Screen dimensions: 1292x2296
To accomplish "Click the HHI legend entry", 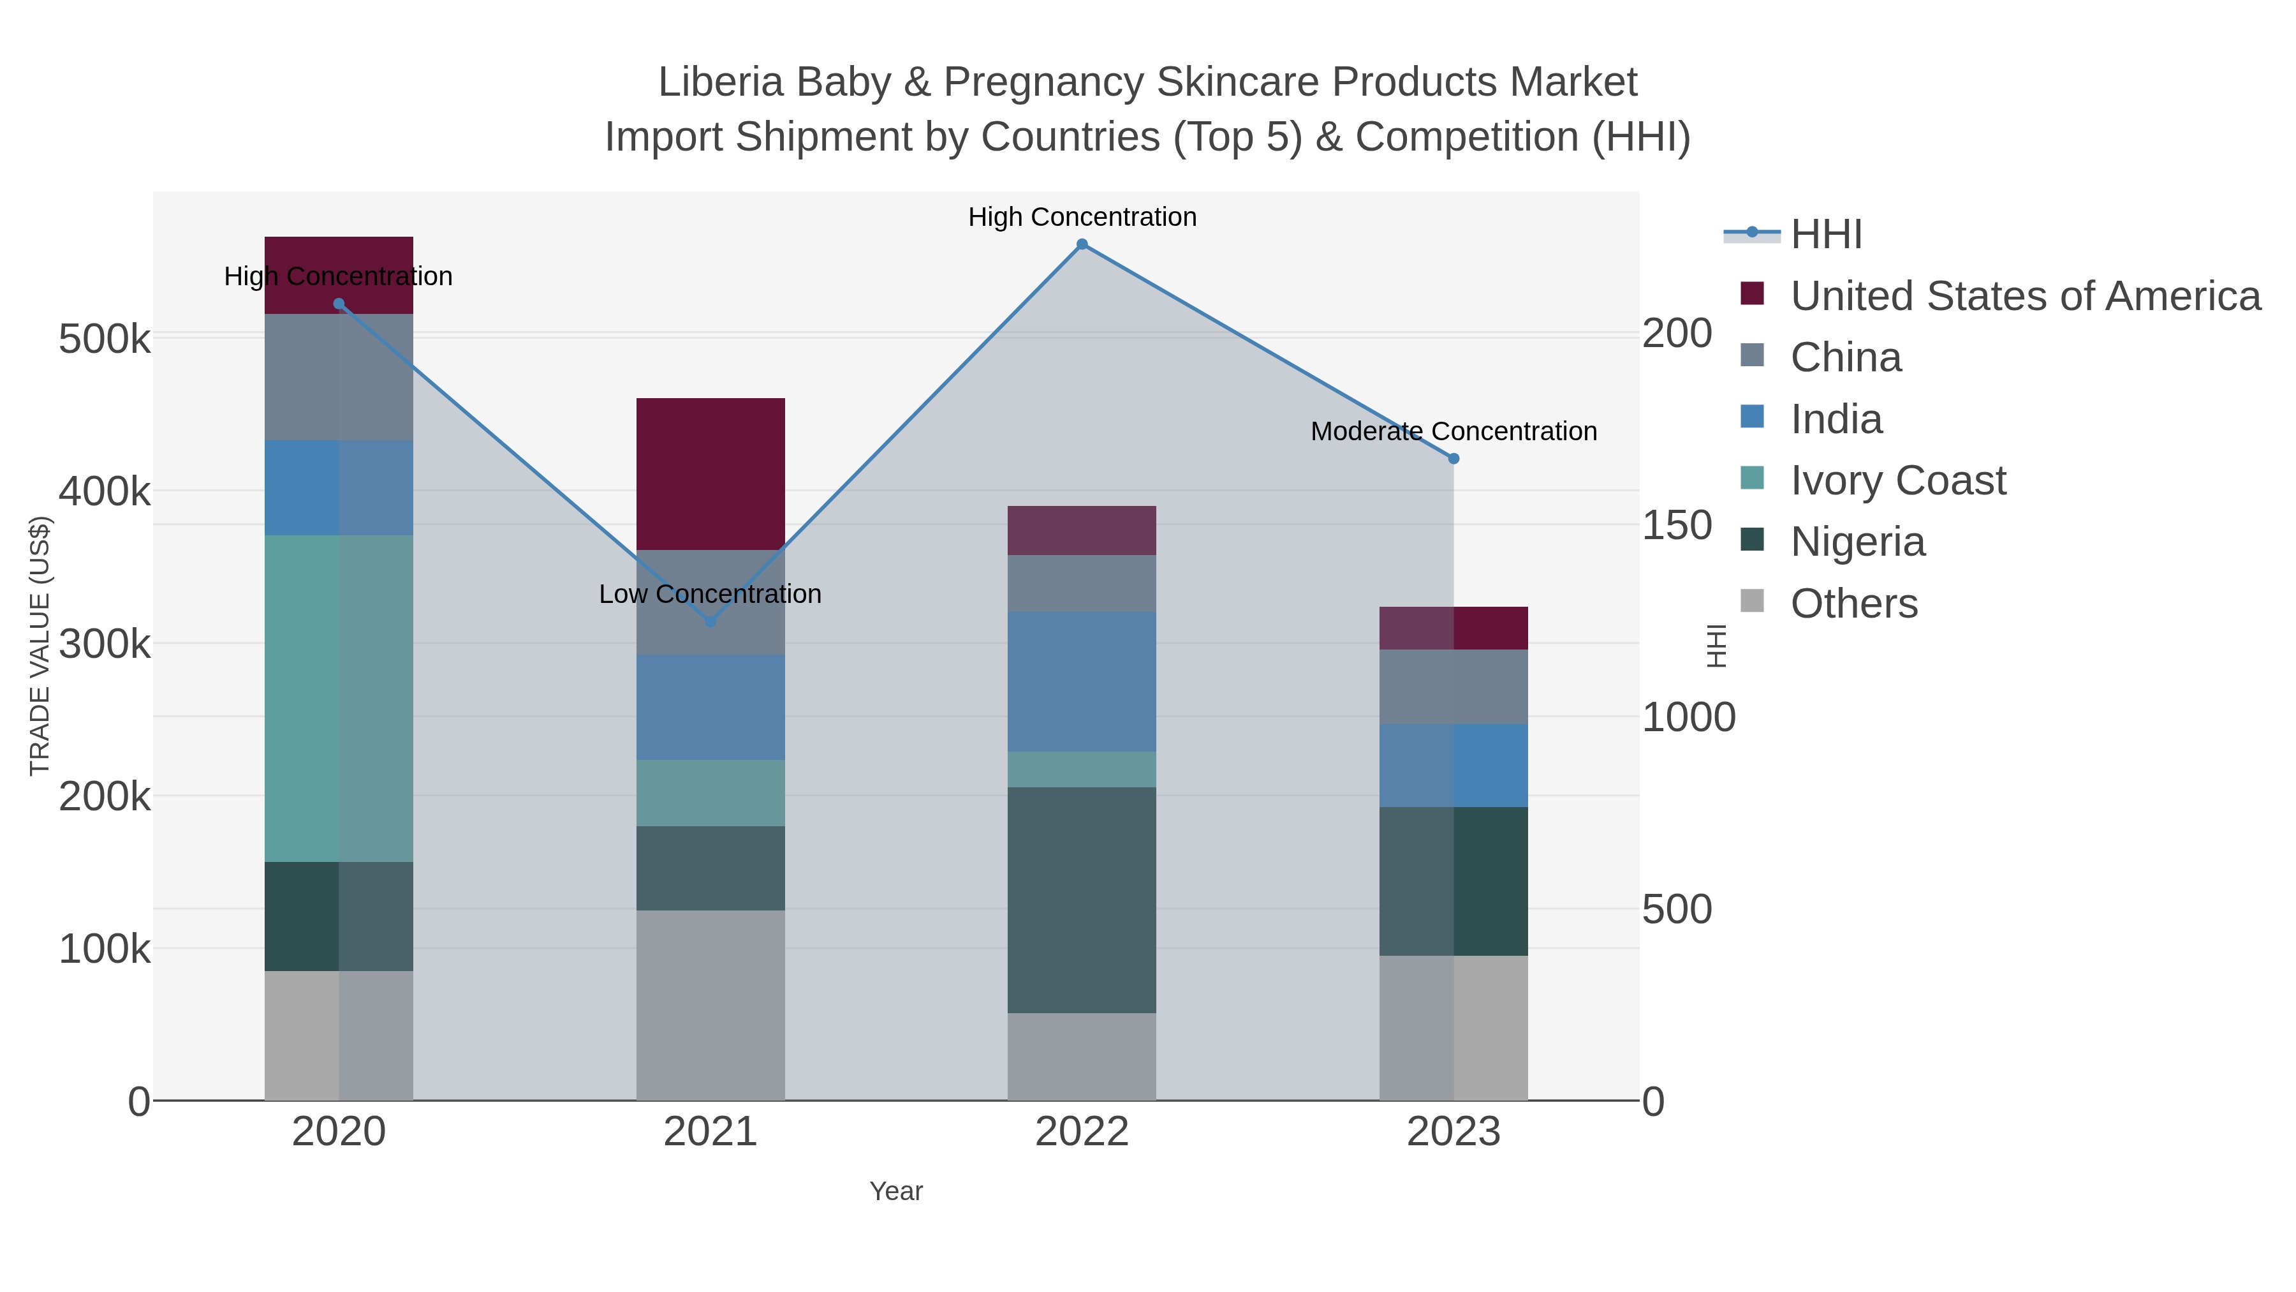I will tap(1825, 235).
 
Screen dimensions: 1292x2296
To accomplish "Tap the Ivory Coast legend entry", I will tap(1897, 480).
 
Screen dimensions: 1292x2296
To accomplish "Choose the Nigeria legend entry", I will tap(1857, 542).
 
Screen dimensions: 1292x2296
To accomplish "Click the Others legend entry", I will tap(1853, 604).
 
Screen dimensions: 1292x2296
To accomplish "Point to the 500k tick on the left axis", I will tap(105, 339).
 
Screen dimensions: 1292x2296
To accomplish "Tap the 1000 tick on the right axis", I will tap(1689, 718).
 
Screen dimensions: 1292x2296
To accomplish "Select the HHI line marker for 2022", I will tap(1082, 244).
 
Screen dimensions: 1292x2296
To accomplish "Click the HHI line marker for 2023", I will tap(1453, 458).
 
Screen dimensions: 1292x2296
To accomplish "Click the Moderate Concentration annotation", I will tap(1453, 431).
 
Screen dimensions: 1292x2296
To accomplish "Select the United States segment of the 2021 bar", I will tap(710, 473).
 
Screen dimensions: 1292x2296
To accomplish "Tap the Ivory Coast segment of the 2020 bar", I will tap(339, 698).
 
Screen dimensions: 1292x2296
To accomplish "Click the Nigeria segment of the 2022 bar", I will tap(1082, 900).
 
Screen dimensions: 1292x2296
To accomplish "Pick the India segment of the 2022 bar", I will tap(1082, 681).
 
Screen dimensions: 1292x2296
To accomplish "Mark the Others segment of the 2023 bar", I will tap(1453, 1028).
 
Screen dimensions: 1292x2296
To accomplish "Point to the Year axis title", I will tap(896, 1191).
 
